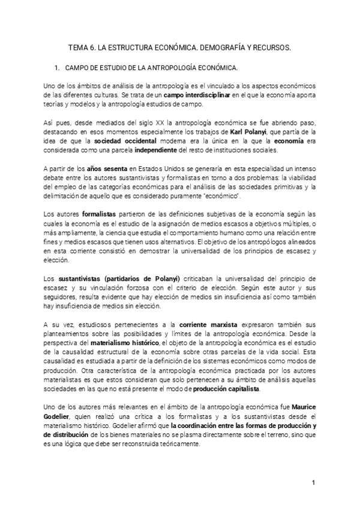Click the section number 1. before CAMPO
click(x=58, y=68)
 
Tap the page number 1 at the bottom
click(x=313, y=483)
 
